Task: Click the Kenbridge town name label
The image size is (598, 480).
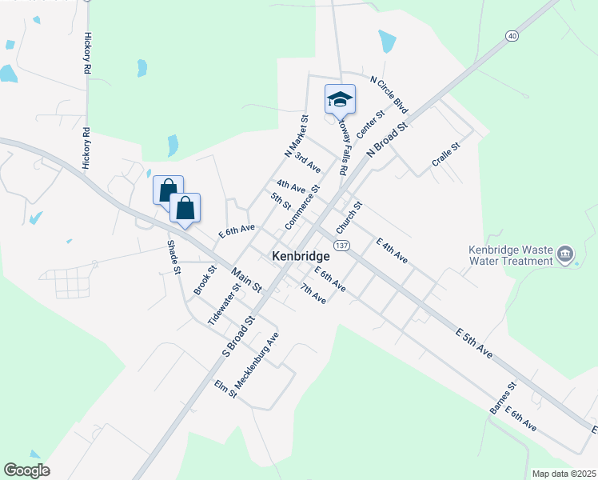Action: [301, 256]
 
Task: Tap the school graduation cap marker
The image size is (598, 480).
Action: [340, 99]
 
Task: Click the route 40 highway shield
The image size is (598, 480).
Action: [512, 35]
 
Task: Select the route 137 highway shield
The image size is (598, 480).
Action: [341, 245]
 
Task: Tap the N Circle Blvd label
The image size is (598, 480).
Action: [389, 95]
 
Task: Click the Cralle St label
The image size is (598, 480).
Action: [446, 154]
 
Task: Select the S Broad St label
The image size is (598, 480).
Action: [238, 335]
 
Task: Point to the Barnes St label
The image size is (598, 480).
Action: [504, 398]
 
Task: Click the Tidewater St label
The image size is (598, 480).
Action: [224, 304]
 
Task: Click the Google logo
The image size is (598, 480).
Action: [27, 470]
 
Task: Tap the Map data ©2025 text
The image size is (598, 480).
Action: [563, 474]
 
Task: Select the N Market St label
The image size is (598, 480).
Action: [295, 136]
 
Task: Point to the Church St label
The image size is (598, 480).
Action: [350, 217]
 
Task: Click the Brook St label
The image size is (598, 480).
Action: [205, 281]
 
